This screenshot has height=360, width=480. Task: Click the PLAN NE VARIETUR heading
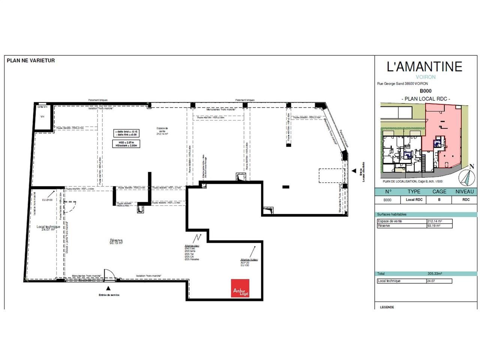click(x=31, y=60)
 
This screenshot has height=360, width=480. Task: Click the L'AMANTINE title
click(x=424, y=67)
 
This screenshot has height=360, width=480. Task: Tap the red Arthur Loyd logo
click(x=240, y=288)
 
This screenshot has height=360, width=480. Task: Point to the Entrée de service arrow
click(x=109, y=289)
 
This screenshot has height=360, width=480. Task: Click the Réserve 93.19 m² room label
click(x=116, y=241)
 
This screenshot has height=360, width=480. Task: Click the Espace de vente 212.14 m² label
click(x=162, y=131)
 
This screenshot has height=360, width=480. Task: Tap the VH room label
click(x=42, y=117)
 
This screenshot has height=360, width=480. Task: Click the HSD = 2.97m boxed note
click(x=127, y=143)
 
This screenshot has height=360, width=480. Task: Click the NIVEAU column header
click(x=465, y=191)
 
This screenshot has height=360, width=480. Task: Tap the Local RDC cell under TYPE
click(x=414, y=200)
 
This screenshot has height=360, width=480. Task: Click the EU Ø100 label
click(x=47, y=200)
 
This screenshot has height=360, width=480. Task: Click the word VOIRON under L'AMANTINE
click(x=426, y=77)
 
